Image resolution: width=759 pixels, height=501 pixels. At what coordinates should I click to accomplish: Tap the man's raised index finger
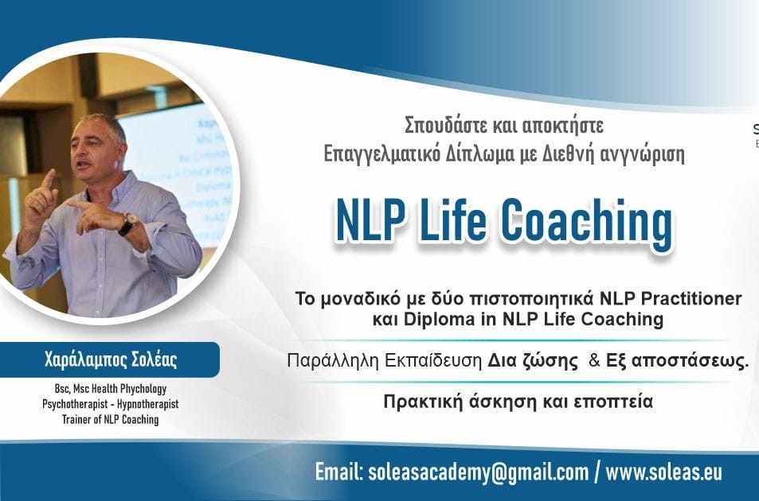click(x=49, y=181)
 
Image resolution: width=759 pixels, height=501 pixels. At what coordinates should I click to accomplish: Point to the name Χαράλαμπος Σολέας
click(x=111, y=360)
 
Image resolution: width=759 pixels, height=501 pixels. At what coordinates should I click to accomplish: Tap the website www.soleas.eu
click(x=664, y=472)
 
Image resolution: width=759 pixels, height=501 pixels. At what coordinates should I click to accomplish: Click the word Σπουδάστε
click(x=440, y=125)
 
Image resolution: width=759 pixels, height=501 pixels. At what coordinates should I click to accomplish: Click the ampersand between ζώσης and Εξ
click(x=593, y=360)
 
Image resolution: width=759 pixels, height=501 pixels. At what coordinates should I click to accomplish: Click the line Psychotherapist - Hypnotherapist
click(x=110, y=404)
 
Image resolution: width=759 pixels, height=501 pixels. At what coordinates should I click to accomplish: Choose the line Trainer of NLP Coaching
click(x=110, y=419)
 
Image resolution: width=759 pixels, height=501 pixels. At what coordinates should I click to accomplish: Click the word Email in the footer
click(x=339, y=472)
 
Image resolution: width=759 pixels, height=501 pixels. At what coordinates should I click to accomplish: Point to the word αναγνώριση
click(x=636, y=152)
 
